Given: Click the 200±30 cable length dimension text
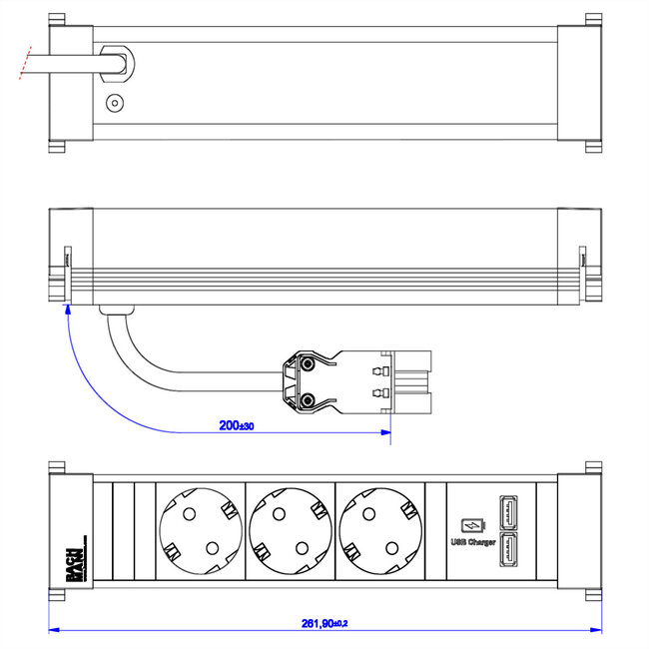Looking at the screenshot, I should click(x=236, y=425).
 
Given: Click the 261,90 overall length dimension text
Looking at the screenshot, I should click(x=325, y=623).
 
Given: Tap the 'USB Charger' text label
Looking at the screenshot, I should click(x=473, y=542).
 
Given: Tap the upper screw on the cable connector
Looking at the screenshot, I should click(x=310, y=364).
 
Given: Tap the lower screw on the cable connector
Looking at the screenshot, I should click(x=310, y=400).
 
